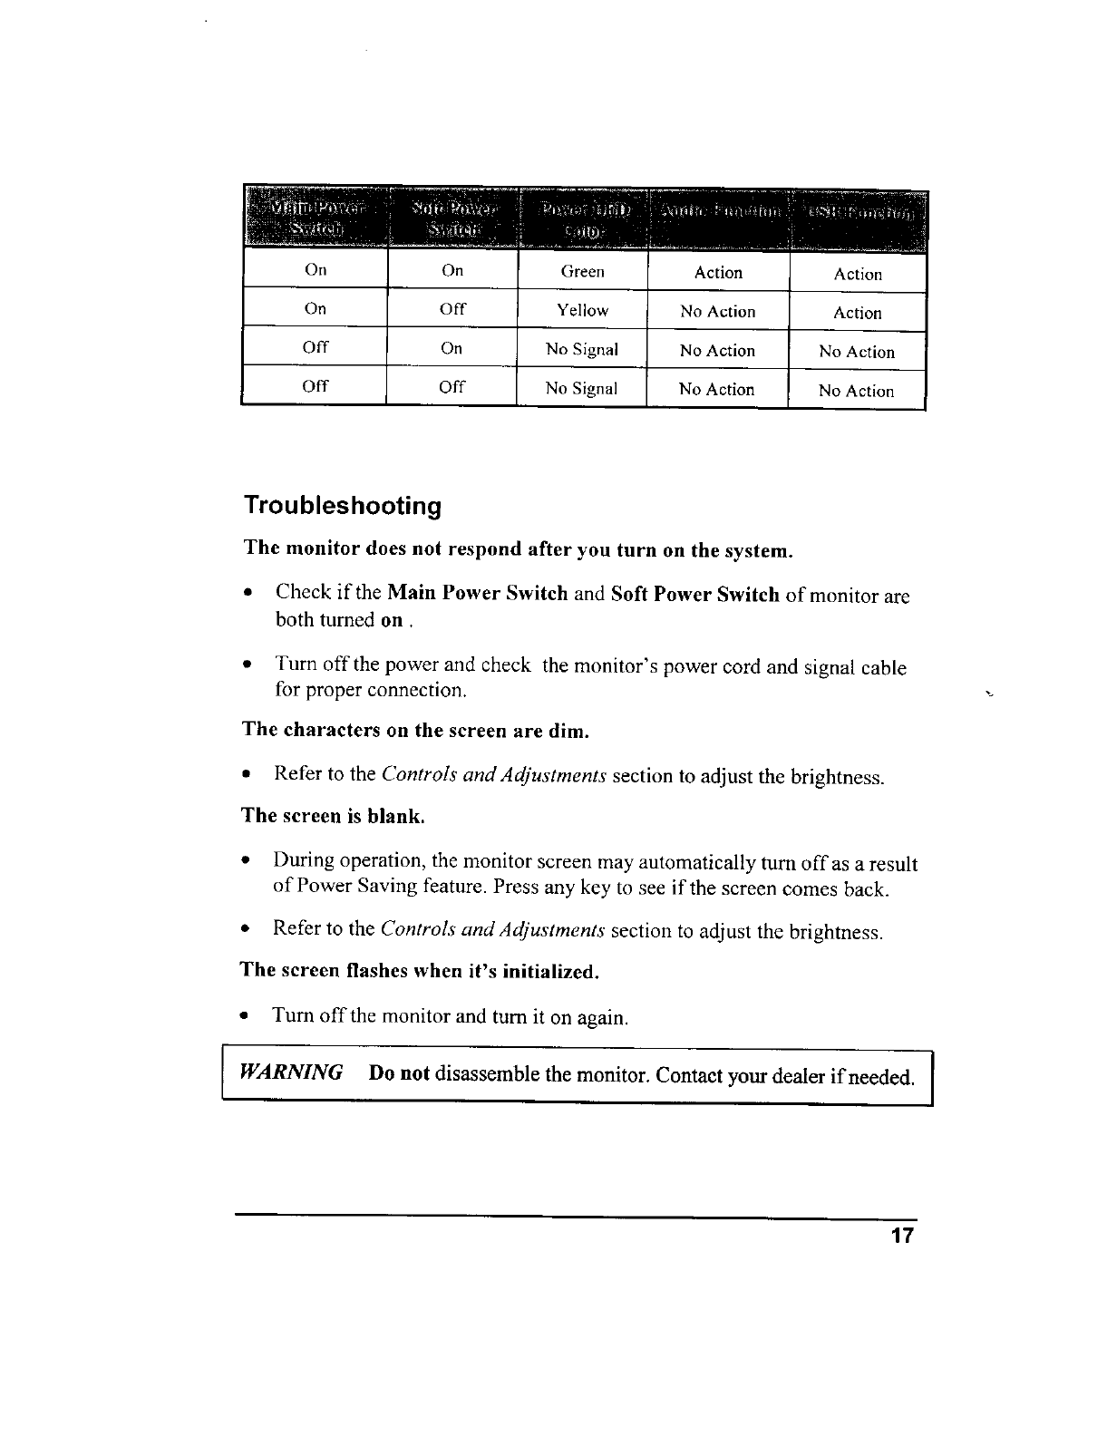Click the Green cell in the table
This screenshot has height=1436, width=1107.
pyautogui.click(x=582, y=271)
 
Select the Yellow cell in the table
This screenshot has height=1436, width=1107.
pyautogui.click(x=582, y=310)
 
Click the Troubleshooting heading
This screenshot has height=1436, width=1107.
pyautogui.click(x=342, y=505)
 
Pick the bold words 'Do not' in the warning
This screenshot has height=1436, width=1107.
pyautogui.click(x=398, y=1074)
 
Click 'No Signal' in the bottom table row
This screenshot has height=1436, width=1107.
pyautogui.click(x=581, y=389)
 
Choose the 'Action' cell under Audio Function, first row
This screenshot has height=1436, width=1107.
pyautogui.click(x=718, y=272)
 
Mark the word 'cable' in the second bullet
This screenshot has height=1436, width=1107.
pyautogui.click(x=882, y=668)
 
